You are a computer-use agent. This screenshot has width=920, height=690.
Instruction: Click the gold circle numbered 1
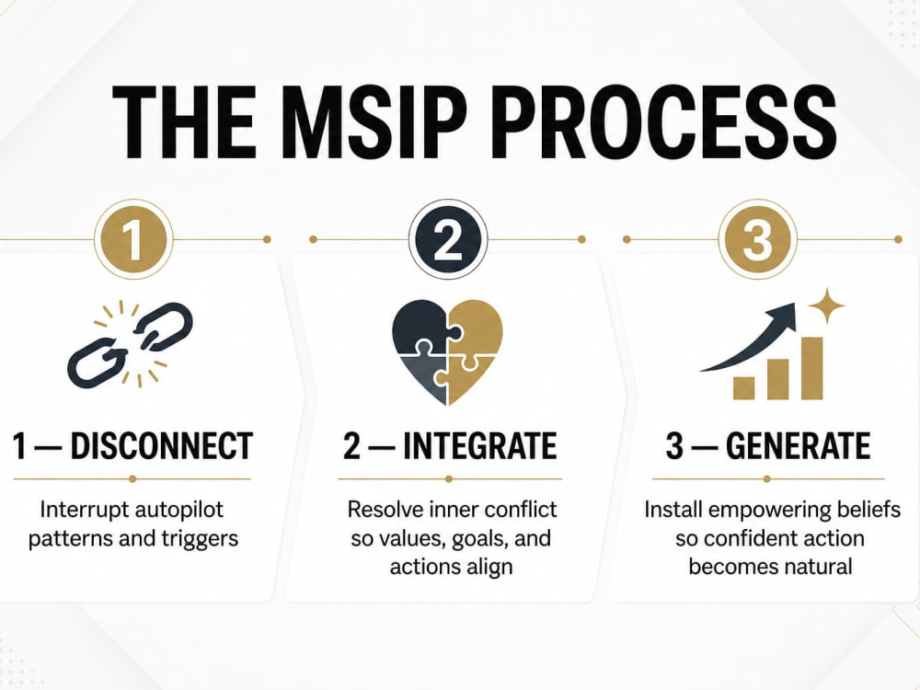click(x=133, y=239)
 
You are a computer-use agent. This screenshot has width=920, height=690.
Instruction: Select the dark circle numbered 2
click(x=448, y=239)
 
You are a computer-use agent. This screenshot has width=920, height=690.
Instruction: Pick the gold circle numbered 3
click(x=757, y=239)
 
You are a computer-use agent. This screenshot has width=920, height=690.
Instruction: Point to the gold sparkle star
click(x=826, y=305)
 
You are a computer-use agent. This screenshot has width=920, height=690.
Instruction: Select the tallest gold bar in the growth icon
click(x=812, y=369)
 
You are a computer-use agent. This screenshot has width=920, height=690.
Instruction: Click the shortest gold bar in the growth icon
click(x=744, y=388)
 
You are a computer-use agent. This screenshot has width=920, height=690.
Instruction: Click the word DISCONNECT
click(x=162, y=445)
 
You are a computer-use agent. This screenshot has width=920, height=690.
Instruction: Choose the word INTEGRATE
click(x=479, y=445)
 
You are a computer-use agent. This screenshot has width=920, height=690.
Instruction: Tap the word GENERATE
click(x=798, y=445)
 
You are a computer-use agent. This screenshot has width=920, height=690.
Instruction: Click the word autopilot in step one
click(x=178, y=510)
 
